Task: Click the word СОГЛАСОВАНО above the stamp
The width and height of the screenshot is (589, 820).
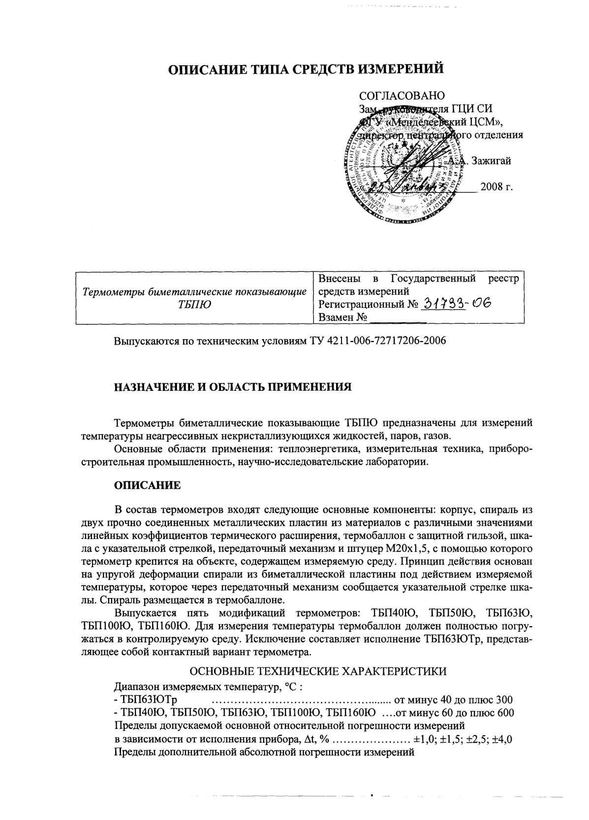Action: tap(402, 95)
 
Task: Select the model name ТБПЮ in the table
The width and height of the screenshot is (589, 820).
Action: tap(194, 305)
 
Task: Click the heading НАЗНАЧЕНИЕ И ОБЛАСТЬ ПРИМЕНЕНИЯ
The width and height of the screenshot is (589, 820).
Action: tap(233, 387)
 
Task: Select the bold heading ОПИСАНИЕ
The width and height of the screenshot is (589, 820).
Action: tap(147, 485)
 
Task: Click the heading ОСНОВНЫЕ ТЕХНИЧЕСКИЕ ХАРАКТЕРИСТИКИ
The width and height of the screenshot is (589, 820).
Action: tap(318, 671)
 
